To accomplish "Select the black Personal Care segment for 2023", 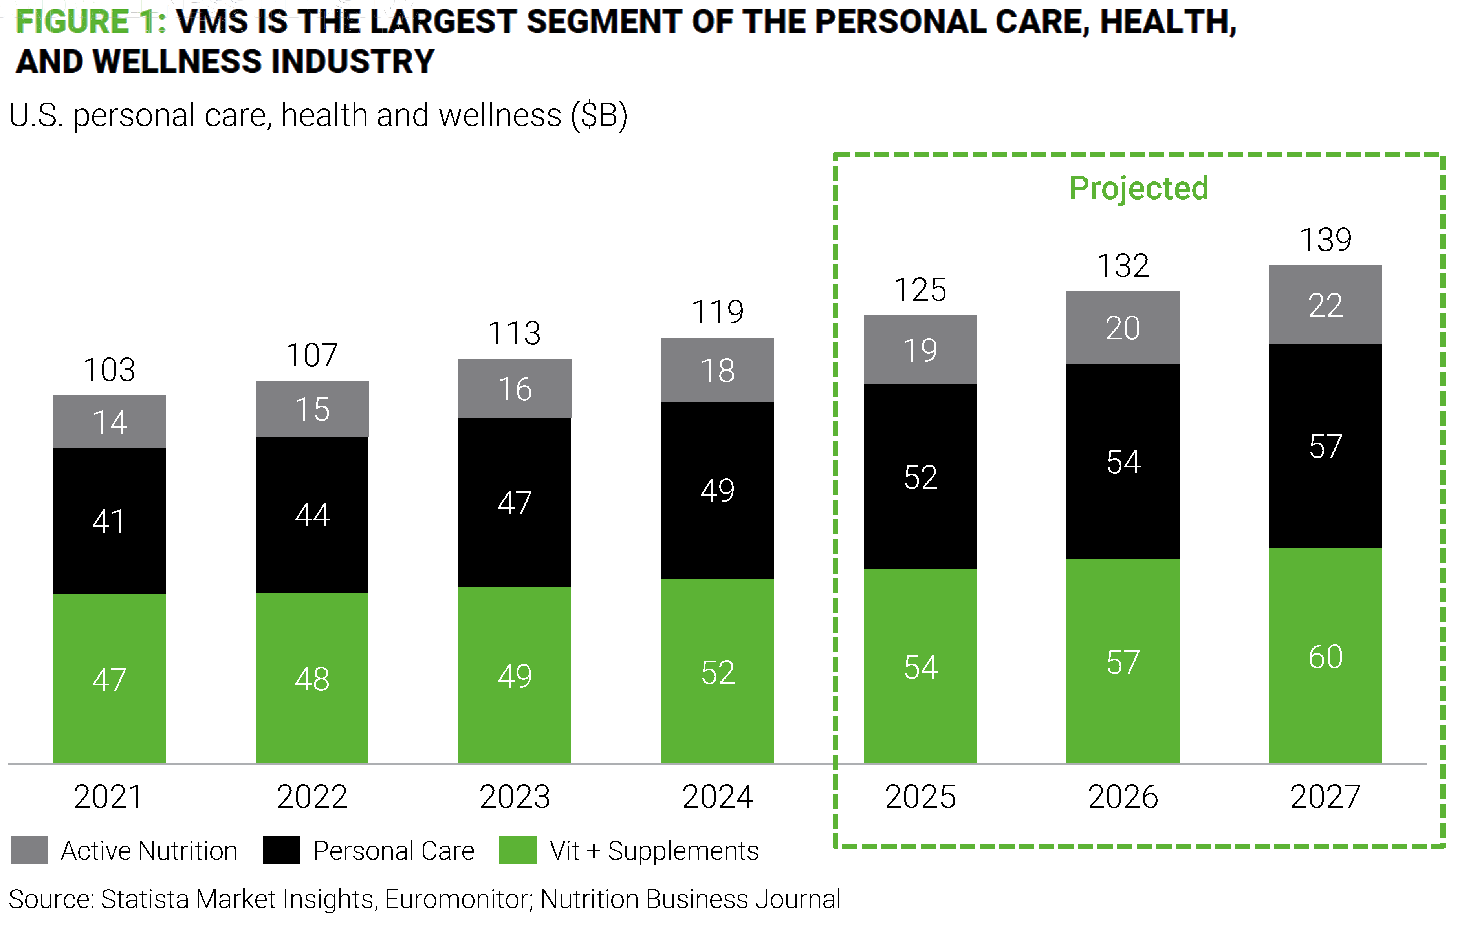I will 515,502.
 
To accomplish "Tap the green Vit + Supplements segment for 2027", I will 1325,656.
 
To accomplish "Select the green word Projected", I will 1138,188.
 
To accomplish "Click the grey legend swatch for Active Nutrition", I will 29,850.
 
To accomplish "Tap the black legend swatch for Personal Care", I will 281,850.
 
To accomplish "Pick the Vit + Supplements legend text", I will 653,850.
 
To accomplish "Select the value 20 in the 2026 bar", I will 1123,328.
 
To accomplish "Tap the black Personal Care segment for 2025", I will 920,476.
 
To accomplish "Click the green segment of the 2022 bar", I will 312,678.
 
